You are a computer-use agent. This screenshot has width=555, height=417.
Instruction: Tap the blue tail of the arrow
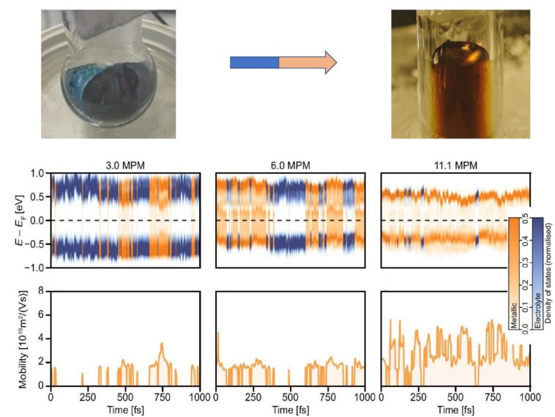254,62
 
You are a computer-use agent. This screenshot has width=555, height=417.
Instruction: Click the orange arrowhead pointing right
326,62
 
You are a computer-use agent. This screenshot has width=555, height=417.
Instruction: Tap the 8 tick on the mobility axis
42,291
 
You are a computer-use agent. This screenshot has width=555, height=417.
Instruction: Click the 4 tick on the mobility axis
42,339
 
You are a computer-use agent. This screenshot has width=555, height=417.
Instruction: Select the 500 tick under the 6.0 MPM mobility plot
290,396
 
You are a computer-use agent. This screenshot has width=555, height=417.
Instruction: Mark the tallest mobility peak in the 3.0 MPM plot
162,344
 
